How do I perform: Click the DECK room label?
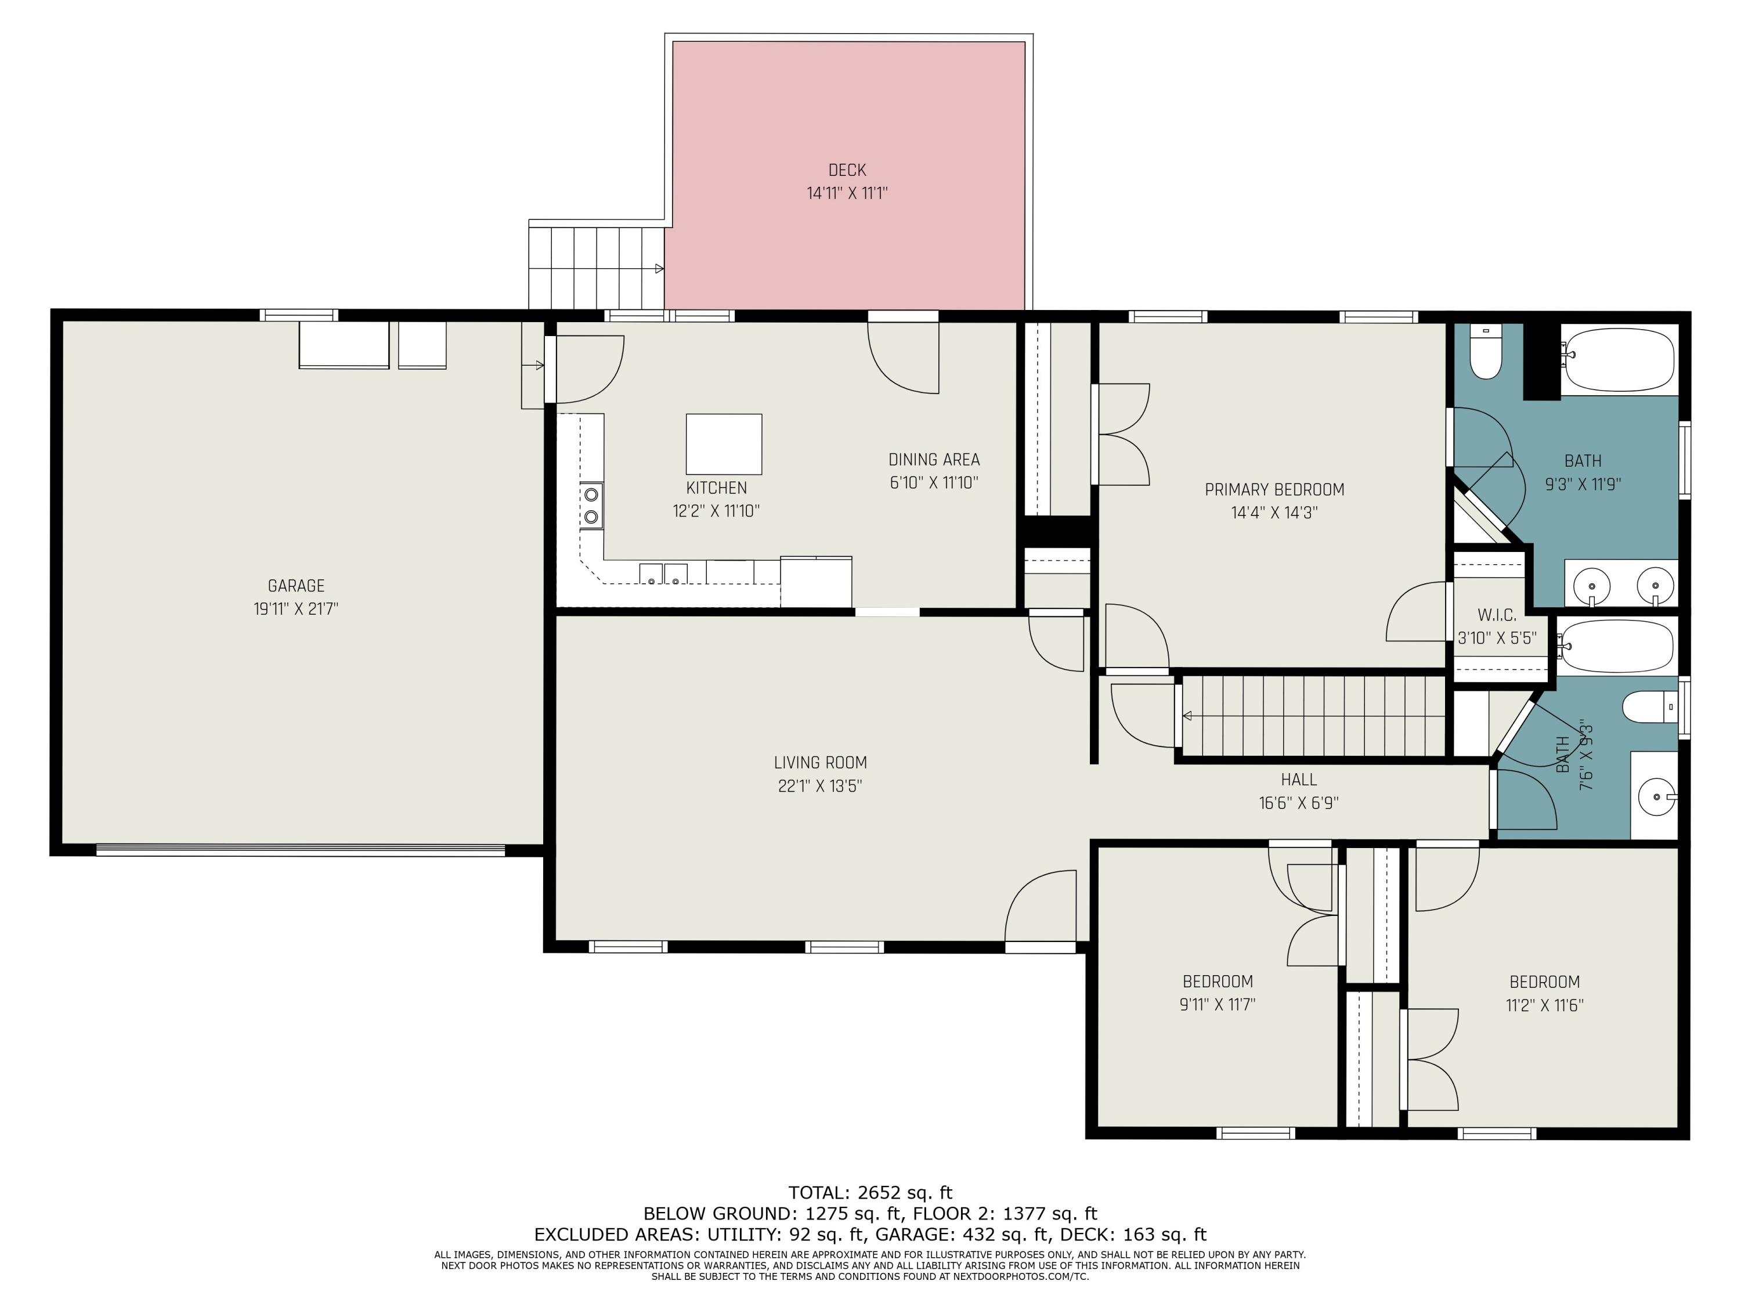tap(847, 170)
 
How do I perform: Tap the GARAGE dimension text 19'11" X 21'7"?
tap(296, 608)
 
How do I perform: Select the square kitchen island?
tap(723, 444)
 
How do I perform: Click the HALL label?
tap(1299, 780)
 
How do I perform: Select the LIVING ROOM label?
tap(820, 762)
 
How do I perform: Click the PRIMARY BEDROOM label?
tap(1274, 490)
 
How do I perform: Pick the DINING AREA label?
tap(934, 460)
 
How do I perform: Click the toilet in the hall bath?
tap(1650, 706)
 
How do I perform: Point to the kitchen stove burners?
tap(591, 506)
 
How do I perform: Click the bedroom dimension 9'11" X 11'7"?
tap(1217, 1005)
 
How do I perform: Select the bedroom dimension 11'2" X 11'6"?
tap(1544, 1005)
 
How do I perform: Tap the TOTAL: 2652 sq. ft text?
tap(870, 1193)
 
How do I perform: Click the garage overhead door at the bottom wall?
tap(300, 850)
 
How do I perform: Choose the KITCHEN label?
tap(716, 488)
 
